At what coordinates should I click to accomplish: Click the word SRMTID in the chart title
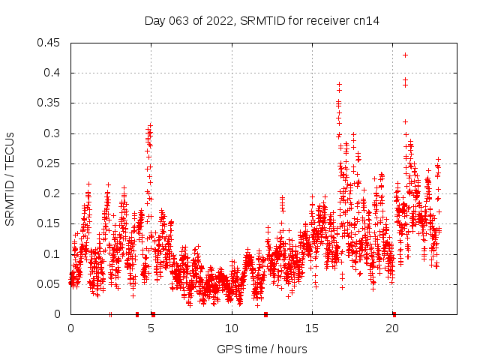point(264,21)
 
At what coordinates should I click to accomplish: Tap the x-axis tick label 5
point(151,328)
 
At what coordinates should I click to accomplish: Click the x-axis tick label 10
point(232,328)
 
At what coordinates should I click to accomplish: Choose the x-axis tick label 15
point(312,328)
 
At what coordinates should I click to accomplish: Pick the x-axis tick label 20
point(392,328)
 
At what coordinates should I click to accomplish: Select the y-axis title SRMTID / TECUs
point(10,178)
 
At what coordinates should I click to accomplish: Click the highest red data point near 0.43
point(406,55)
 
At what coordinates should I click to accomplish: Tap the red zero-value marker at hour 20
point(394,314)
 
